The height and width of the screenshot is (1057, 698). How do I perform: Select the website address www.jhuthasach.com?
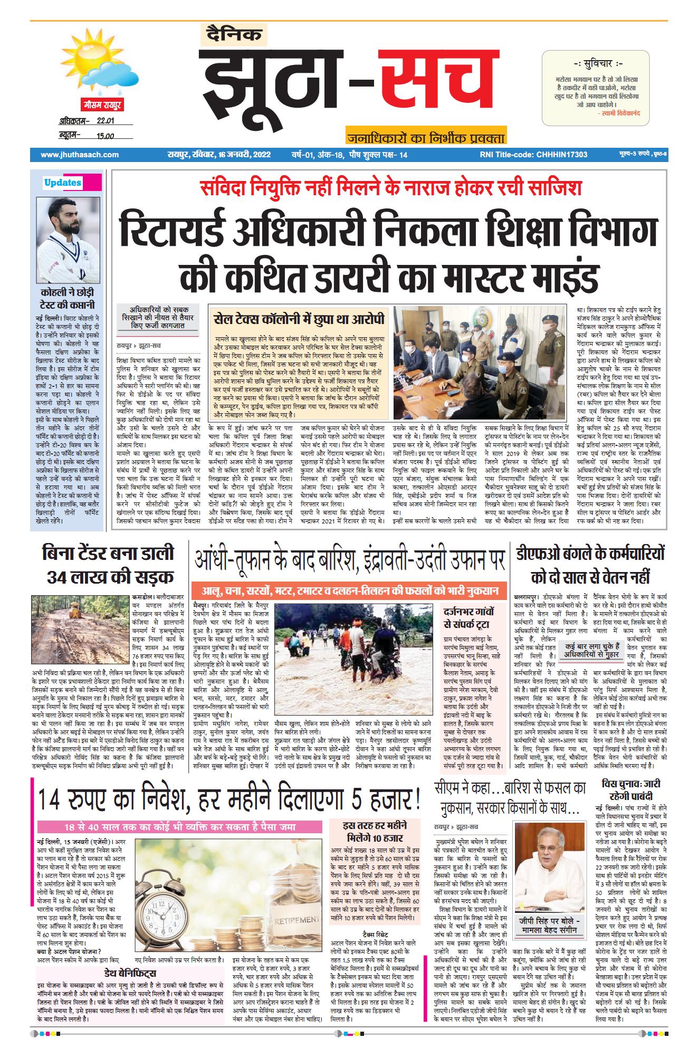(79, 155)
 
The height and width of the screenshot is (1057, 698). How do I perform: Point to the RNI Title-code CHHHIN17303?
(533, 155)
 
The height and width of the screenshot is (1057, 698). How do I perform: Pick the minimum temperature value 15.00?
(105, 136)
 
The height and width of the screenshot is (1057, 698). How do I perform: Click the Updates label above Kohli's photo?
(63, 183)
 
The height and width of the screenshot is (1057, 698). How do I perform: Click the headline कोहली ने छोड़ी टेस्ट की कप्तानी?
(68, 298)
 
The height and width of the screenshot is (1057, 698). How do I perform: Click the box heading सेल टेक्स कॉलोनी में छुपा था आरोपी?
(299, 319)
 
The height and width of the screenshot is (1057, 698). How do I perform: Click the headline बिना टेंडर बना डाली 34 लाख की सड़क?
(108, 564)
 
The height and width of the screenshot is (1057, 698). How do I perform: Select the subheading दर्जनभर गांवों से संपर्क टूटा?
(469, 620)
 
